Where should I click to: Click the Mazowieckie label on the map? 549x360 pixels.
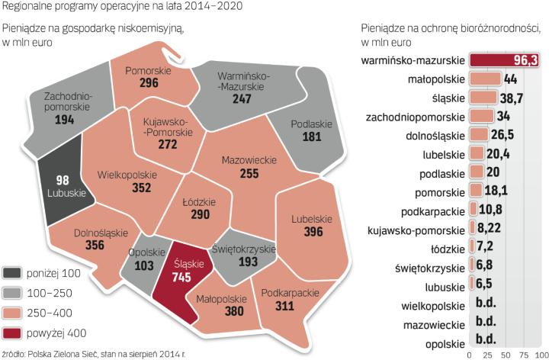248,161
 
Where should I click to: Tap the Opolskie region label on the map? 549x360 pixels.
143,252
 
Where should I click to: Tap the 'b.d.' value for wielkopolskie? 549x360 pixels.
485,307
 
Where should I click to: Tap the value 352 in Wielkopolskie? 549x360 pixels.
128,188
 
